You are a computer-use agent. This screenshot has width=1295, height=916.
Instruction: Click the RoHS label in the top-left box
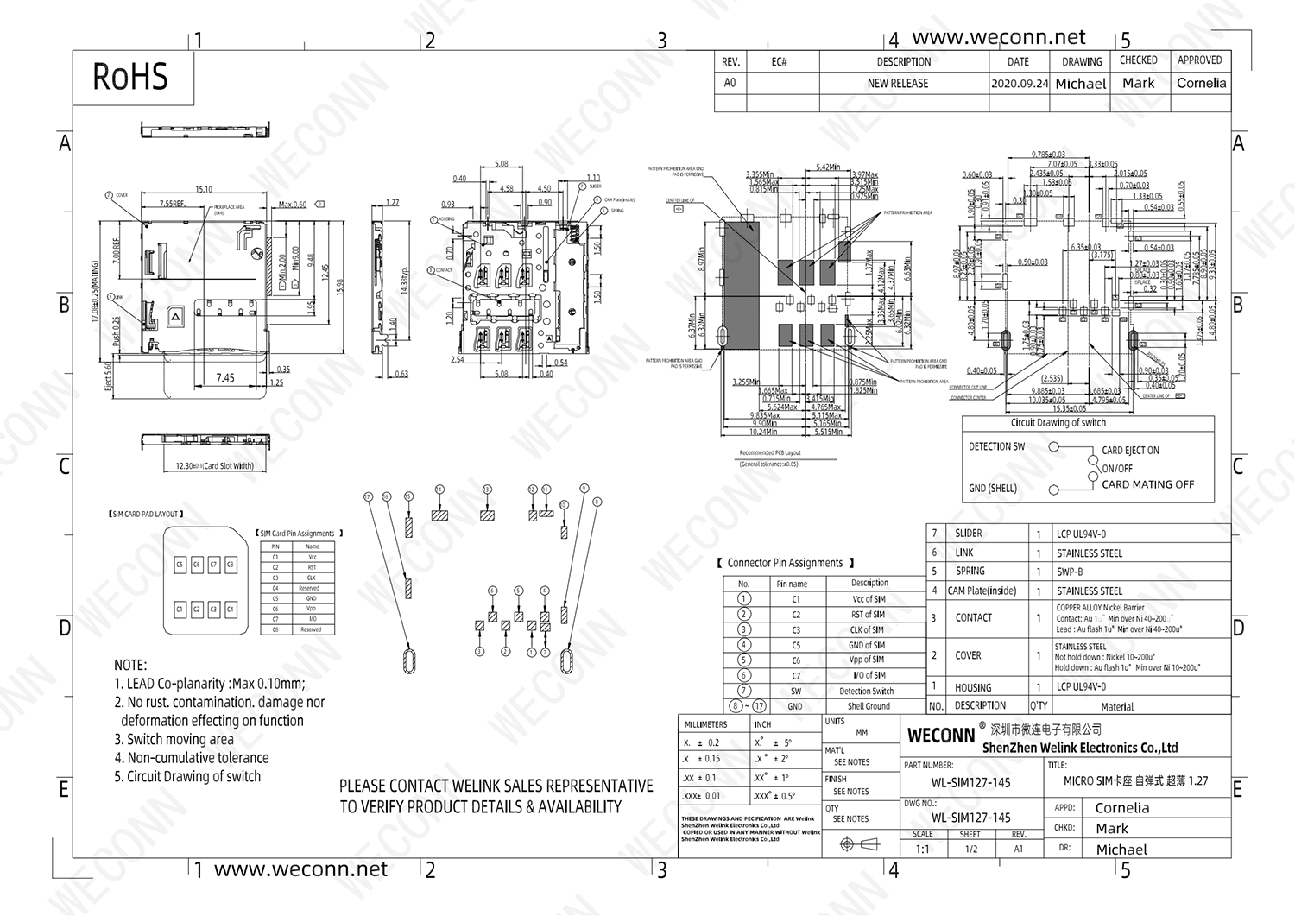tap(130, 77)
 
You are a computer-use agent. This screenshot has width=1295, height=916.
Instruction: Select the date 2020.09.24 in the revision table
tap(1020, 84)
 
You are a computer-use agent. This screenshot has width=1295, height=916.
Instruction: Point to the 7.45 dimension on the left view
tap(225, 377)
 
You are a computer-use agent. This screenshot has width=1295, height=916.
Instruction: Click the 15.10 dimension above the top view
tap(204, 189)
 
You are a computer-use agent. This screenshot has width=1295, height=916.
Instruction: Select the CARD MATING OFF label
tap(1147, 484)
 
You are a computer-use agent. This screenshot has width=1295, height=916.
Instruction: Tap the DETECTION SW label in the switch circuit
tap(996, 446)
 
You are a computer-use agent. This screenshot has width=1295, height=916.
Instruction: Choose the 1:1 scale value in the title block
tap(922, 849)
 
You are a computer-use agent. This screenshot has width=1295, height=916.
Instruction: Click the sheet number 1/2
tap(971, 849)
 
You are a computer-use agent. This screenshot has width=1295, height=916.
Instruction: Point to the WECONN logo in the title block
tap(941, 736)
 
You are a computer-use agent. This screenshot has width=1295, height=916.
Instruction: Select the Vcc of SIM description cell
tap(869, 599)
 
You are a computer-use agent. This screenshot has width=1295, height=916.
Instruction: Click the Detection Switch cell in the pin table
tap(866, 691)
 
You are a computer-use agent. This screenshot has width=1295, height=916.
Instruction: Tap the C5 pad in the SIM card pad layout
tap(180, 564)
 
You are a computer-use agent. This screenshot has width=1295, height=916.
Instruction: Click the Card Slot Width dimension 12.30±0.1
tap(214, 466)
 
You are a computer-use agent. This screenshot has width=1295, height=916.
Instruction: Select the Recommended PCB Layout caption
tap(769, 452)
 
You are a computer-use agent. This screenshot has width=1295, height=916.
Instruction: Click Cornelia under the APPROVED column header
tap(1201, 84)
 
